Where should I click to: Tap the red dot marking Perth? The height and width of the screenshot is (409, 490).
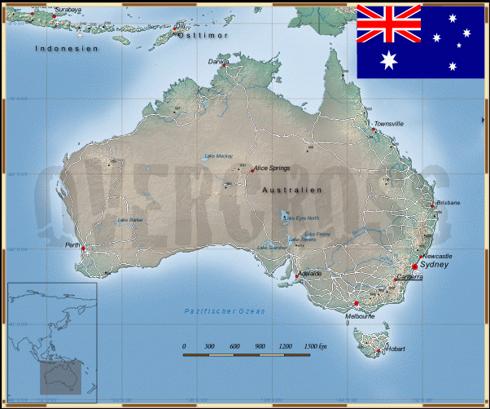click(82, 248)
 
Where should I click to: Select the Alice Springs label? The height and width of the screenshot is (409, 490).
click(272, 169)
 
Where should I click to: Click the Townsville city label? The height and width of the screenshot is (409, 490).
click(389, 124)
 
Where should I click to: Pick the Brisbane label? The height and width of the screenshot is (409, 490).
click(448, 202)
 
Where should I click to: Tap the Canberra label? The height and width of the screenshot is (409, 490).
click(409, 277)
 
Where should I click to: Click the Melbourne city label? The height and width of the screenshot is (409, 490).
click(360, 316)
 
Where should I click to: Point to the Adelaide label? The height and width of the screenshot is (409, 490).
click(311, 273)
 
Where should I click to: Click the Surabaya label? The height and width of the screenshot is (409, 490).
click(68, 10)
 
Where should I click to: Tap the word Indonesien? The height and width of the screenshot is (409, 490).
click(67, 49)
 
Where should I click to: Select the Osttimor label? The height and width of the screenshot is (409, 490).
click(203, 37)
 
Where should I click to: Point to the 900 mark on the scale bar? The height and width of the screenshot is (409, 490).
click(260, 347)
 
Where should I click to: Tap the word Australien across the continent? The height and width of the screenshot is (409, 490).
click(292, 190)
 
